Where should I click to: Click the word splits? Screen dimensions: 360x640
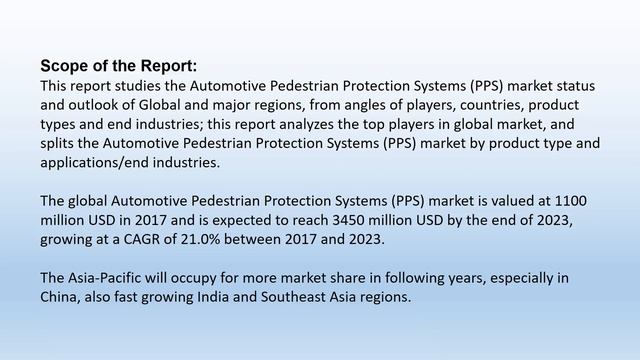pyautogui.click(x=60, y=143)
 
